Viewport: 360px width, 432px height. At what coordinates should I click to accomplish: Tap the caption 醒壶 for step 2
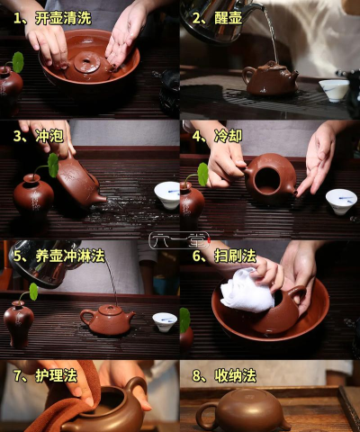(x=228, y=17)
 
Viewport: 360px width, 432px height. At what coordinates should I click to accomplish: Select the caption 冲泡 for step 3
(x=47, y=136)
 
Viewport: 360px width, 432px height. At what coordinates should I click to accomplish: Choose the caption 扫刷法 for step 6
(x=235, y=256)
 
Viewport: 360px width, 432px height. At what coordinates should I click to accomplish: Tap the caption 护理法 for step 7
(x=56, y=373)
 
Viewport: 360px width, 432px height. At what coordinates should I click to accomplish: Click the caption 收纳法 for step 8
(x=235, y=373)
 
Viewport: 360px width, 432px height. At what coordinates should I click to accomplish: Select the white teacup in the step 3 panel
(x=166, y=193)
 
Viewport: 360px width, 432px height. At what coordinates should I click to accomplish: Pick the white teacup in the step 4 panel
(x=341, y=199)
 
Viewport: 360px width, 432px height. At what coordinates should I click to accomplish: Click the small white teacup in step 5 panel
(x=164, y=320)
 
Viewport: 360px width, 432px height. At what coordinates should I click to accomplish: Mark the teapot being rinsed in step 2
(x=271, y=78)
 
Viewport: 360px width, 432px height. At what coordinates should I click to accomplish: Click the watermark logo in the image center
(x=180, y=239)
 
